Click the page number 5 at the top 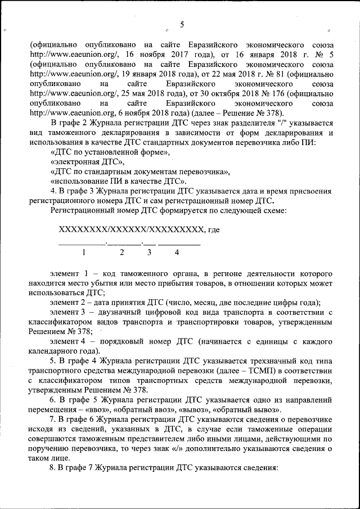click(x=182, y=24)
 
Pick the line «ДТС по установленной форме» click(x=109, y=152)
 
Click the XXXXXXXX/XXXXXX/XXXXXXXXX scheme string click(x=130, y=229)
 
